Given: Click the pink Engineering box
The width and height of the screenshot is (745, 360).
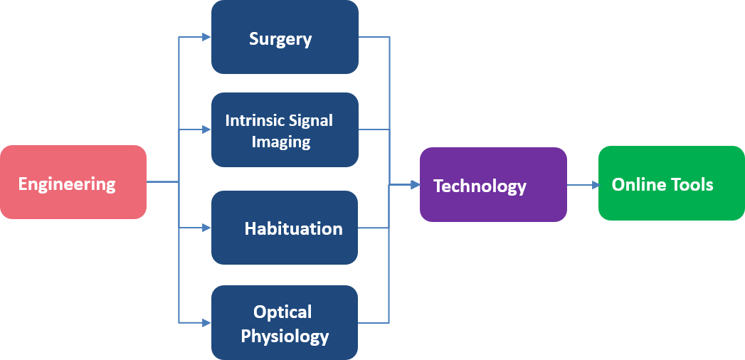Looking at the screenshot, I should point(73,182).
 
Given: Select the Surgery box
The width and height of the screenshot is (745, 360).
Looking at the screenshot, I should point(285,37).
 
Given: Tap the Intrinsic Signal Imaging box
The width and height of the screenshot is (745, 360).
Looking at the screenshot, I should point(285,130).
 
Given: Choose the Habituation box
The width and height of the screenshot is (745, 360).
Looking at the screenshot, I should point(285,228).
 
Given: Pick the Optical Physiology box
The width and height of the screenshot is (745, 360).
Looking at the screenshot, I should point(285,322).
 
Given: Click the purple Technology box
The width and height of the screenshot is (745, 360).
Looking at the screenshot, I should point(493,185).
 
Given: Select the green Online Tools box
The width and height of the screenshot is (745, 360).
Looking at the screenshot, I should point(671,184).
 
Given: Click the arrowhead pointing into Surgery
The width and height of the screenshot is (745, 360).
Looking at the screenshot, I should point(206,37).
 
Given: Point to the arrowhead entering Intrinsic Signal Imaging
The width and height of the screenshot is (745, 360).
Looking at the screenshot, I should point(206,130).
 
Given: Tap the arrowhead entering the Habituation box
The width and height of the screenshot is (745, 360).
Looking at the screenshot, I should point(206,228).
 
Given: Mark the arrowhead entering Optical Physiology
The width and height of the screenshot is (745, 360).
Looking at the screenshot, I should point(206,322).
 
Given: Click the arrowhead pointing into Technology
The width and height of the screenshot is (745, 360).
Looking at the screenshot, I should point(415,185).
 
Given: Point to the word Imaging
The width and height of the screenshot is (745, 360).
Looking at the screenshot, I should point(281,142).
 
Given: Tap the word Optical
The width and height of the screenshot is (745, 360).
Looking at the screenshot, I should point(282,312).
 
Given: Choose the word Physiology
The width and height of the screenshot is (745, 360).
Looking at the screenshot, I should point(285,336).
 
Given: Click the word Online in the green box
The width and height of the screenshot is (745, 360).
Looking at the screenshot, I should point(638,185).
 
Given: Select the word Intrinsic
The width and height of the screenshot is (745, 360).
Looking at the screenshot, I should point(254,120).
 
